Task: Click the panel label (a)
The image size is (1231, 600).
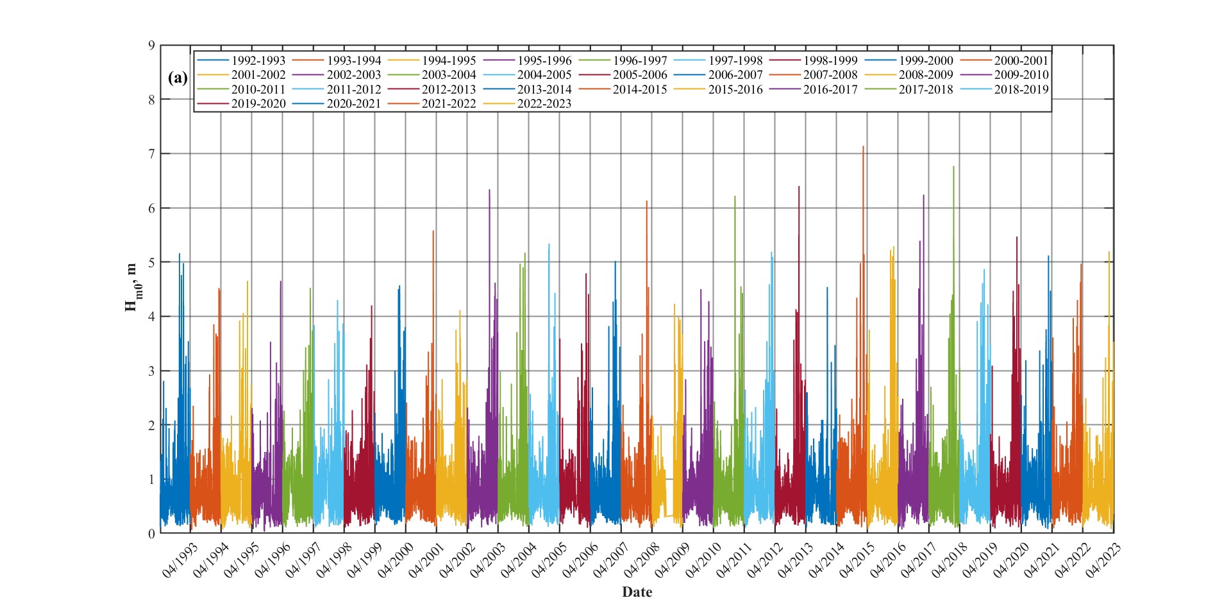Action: [x=178, y=78]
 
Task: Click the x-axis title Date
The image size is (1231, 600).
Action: [x=637, y=592]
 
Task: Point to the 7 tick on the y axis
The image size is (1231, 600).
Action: [x=151, y=154]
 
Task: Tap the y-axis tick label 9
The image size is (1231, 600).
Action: [x=151, y=46]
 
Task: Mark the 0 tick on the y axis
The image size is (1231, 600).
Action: [x=151, y=533]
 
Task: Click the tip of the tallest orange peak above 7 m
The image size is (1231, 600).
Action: [x=863, y=146]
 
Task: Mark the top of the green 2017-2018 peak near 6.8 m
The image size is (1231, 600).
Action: [x=953, y=167]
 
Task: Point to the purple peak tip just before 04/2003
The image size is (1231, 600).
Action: [x=489, y=190]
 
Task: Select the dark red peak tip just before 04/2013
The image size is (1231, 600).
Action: [x=799, y=187]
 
